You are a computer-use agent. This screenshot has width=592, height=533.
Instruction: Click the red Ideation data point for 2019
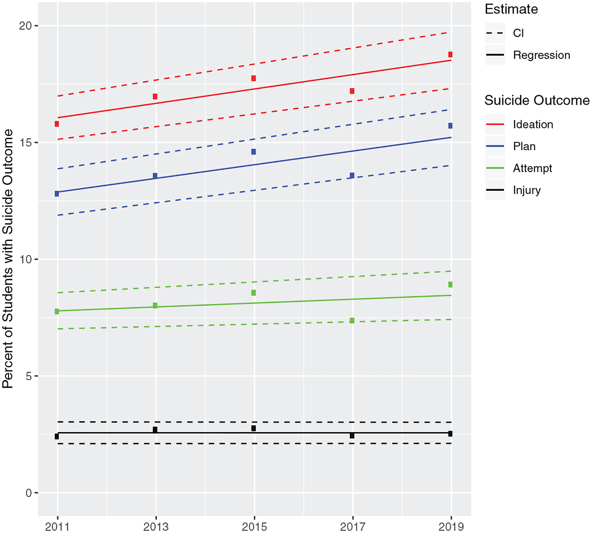coord(450,55)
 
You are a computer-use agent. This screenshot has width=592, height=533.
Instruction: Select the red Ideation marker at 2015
coord(254,78)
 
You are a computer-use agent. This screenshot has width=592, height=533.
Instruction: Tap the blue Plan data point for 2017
coord(352,175)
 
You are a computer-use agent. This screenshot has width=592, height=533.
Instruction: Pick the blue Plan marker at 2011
coord(57,194)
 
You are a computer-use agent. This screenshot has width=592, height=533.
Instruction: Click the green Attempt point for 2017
coord(352,321)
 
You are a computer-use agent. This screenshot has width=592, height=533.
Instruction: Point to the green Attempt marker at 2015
coord(254,293)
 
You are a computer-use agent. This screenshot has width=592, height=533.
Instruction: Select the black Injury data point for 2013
coord(155,430)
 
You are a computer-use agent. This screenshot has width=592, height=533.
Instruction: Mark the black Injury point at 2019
coord(450,434)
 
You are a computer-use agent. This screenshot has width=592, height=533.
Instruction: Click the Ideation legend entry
coord(533,125)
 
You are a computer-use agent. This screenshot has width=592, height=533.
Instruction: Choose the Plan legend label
coord(524,146)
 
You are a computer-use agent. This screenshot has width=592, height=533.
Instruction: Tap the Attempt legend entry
coord(532,168)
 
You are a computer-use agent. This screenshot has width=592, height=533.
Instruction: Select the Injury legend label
coord(527,190)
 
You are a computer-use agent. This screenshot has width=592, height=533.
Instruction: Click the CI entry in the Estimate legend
coord(518,33)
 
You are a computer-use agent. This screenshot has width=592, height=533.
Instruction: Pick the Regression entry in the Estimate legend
coord(541,55)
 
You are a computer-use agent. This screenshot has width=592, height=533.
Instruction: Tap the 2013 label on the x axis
coord(156,527)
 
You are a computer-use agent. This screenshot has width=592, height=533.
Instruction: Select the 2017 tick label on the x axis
coord(352,527)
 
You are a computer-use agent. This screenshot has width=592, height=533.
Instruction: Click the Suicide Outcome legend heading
coord(537,100)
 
